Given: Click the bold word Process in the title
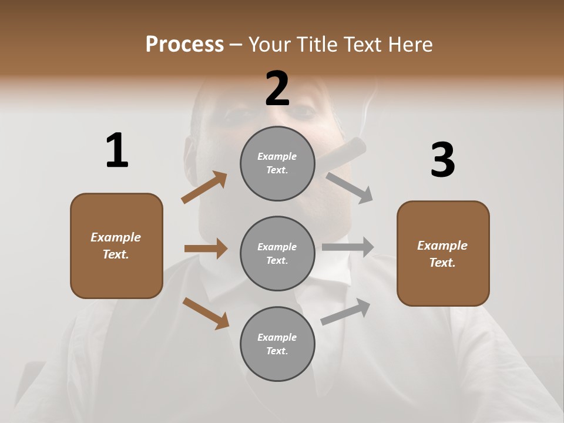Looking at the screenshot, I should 184,44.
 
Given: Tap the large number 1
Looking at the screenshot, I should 117,151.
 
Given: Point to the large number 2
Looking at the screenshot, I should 277,88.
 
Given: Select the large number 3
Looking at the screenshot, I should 442,160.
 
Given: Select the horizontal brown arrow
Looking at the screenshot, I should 206,249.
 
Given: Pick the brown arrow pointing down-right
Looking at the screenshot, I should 206,313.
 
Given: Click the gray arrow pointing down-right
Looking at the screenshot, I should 350,187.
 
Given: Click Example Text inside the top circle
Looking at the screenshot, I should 277,163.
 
